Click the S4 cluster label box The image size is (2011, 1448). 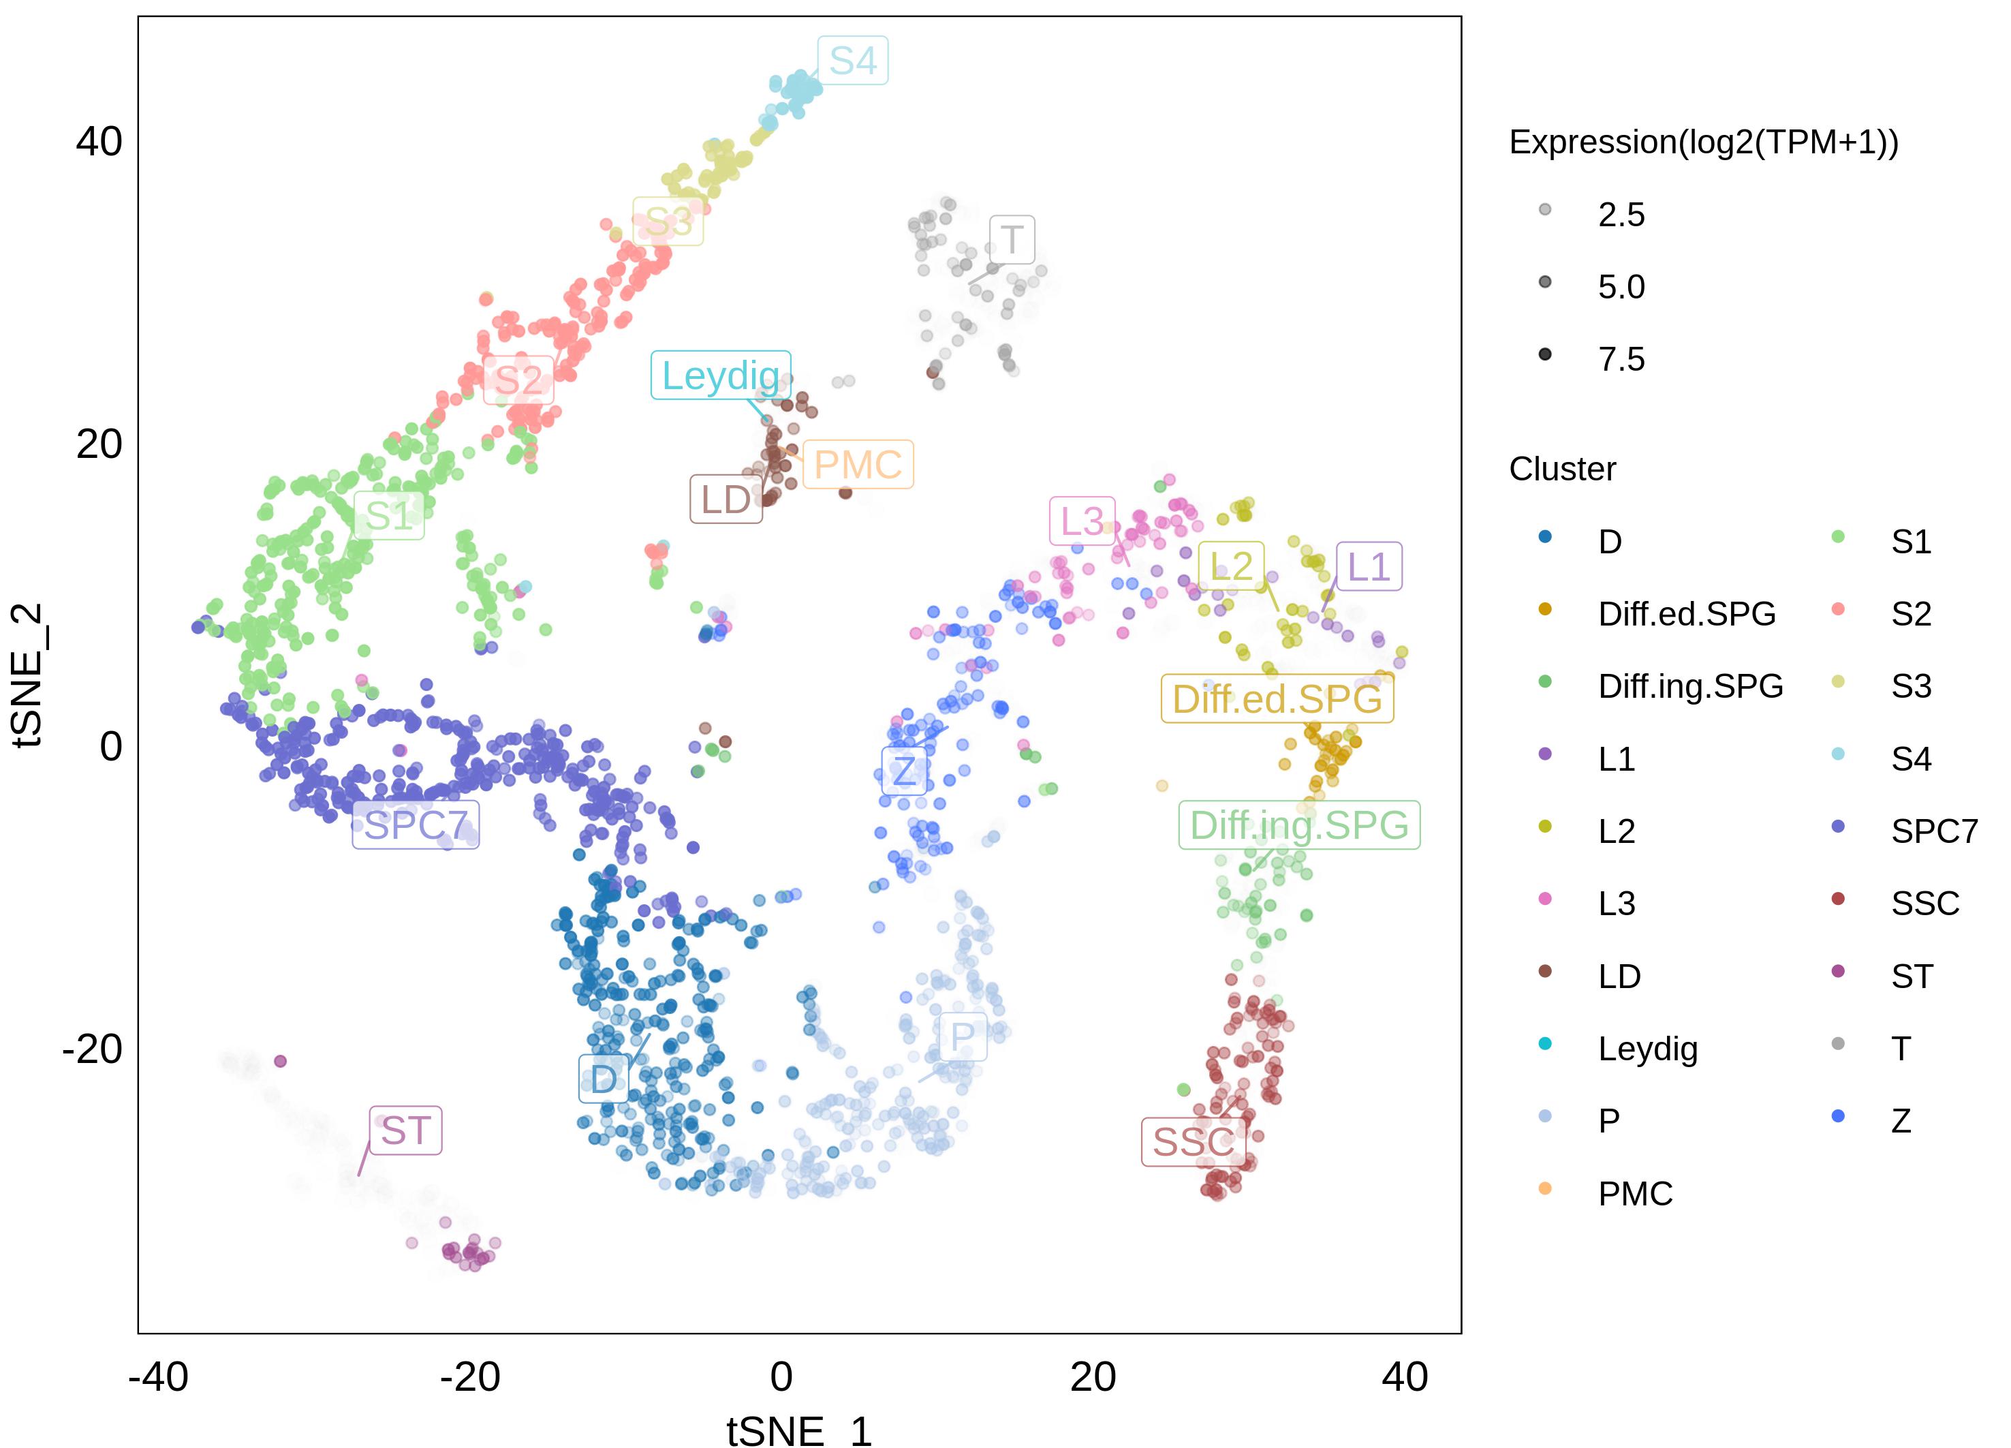coord(852,60)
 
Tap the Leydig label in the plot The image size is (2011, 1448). coord(720,376)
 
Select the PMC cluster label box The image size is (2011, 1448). coord(858,465)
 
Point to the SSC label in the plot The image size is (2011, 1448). coord(1193,1142)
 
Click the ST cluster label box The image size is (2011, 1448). coord(406,1130)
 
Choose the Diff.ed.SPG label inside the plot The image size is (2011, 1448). coord(1277,698)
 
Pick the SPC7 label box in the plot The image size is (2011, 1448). coord(415,825)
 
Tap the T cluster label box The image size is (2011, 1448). coord(1012,239)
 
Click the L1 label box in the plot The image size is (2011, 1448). coord(1368,566)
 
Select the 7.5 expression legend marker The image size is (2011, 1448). coord(1544,355)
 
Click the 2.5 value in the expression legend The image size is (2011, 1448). coord(1621,215)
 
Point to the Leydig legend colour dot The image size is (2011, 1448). coord(1544,1044)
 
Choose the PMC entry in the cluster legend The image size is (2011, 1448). coord(1634,1194)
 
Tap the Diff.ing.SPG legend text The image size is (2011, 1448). coord(1690,686)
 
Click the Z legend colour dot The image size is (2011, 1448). coord(1838,1115)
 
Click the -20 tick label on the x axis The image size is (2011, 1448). coord(470,1377)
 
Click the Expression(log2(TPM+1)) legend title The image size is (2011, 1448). coord(1703,142)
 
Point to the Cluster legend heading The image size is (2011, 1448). coord(1562,469)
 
